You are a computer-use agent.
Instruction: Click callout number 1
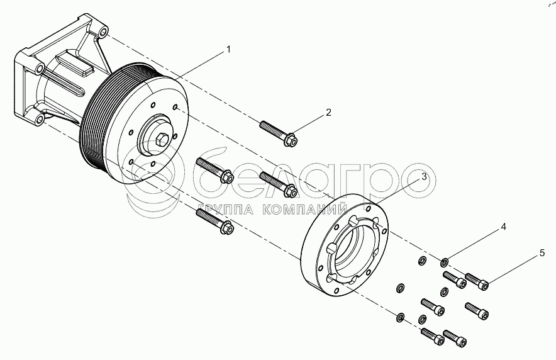pyautogui.click(x=229, y=50)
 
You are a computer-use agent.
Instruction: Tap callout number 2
pyautogui.click(x=328, y=113)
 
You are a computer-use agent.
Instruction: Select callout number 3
pyautogui.click(x=425, y=177)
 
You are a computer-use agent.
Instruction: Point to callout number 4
pyautogui.click(x=504, y=227)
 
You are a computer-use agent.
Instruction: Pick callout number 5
pyautogui.click(x=542, y=253)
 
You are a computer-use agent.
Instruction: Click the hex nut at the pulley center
pyautogui.click(x=160, y=139)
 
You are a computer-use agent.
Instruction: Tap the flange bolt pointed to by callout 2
pyautogui.click(x=279, y=133)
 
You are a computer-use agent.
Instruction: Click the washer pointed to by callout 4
pyautogui.click(x=444, y=263)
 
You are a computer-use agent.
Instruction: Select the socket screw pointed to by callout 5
pyautogui.click(x=477, y=281)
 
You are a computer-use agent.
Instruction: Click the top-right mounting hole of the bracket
pyautogui.click(x=103, y=33)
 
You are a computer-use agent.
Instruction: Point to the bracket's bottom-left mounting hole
pyautogui.click(x=40, y=120)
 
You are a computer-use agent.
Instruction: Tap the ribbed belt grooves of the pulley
pyautogui.click(x=95, y=113)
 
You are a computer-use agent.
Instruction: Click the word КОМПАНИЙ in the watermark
pyautogui.click(x=305, y=210)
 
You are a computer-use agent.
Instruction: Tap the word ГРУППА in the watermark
pyautogui.click(x=226, y=210)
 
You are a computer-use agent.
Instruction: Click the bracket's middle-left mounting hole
pyautogui.click(x=39, y=69)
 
